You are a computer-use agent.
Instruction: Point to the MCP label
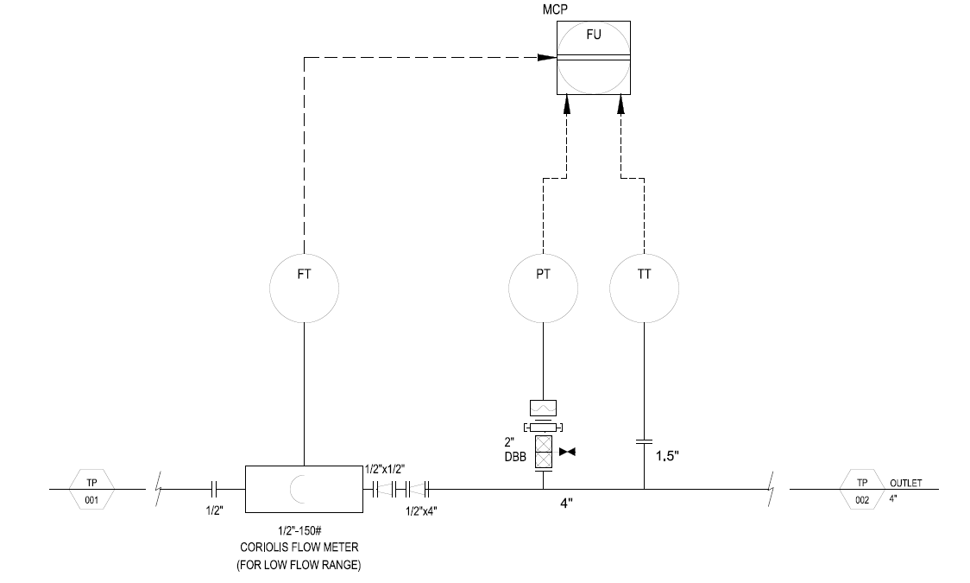tap(555, 10)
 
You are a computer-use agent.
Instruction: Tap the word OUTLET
tap(905, 483)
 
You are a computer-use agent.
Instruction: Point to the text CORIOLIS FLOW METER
tap(299, 547)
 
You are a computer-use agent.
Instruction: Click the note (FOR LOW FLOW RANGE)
tap(299, 565)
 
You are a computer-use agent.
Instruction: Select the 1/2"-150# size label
tap(299, 530)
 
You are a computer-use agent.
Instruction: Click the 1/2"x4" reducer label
tap(422, 511)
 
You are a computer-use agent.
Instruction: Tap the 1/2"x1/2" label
tap(385, 469)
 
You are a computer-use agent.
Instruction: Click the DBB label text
tap(515, 458)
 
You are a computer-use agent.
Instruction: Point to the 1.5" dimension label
tap(667, 456)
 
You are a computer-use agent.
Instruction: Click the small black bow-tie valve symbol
tap(567, 452)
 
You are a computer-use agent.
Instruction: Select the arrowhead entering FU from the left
tap(547, 58)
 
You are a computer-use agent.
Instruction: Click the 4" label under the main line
tap(567, 504)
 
